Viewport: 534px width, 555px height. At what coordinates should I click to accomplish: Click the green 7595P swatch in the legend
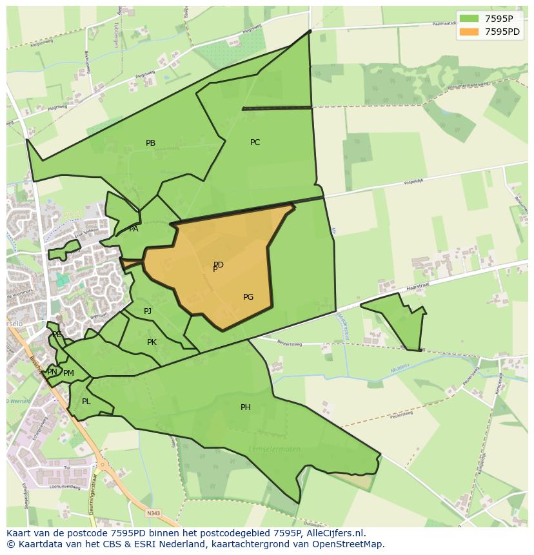click(x=469, y=18)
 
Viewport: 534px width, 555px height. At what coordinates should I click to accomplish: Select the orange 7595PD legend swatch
click(x=469, y=32)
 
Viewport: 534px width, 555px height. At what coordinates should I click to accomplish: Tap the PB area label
click(x=150, y=143)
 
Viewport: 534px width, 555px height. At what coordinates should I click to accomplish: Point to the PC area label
click(x=255, y=142)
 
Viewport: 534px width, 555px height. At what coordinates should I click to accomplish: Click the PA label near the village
click(x=133, y=229)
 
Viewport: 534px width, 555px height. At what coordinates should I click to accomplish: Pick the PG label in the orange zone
click(x=248, y=297)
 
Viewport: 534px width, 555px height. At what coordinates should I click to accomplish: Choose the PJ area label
click(x=148, y=311)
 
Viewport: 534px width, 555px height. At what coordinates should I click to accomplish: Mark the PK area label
click(x=152, y=342)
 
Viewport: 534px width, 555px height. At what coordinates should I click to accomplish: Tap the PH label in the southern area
click(x=245, y=407)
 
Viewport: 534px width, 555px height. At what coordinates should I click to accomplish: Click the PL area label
click(x=86, y=402)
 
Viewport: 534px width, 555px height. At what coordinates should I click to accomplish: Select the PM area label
click(x=69, y=373)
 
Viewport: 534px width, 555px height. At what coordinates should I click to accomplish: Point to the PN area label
click(x=52, y=372)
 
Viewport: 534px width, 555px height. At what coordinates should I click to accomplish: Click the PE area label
click(x=57, y=335)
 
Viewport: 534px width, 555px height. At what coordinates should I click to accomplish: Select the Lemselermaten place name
click(x=274, y=449)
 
